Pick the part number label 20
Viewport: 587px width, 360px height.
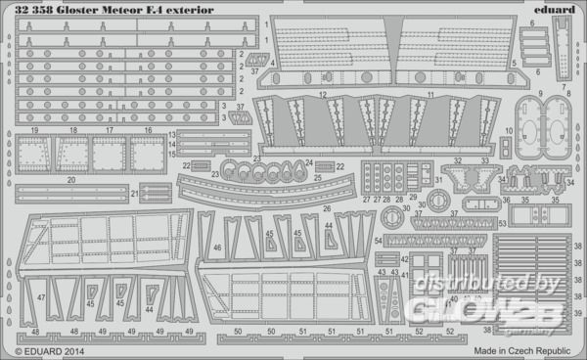pos(71,180)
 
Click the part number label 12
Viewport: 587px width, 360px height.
pos(321,95)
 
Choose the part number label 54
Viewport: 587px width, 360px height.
pos(378,240)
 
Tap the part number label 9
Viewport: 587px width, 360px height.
pos(540,95)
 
